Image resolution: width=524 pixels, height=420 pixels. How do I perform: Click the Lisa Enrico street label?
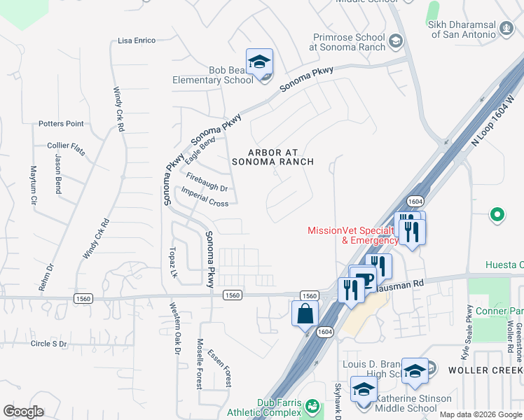tap(137, 41)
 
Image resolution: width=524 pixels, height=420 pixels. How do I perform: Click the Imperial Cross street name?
tap(205, 197)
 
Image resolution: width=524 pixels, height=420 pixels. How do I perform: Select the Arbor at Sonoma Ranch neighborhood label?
tap(273, 157)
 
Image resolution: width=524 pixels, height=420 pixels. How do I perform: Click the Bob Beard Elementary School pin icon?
tap(259, 63)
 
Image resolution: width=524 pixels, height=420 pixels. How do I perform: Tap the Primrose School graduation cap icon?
tap(396, 41)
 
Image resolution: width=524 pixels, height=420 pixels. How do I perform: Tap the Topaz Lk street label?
tap(173, 262)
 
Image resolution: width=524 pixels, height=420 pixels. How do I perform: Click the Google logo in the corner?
tap(23, 412)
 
